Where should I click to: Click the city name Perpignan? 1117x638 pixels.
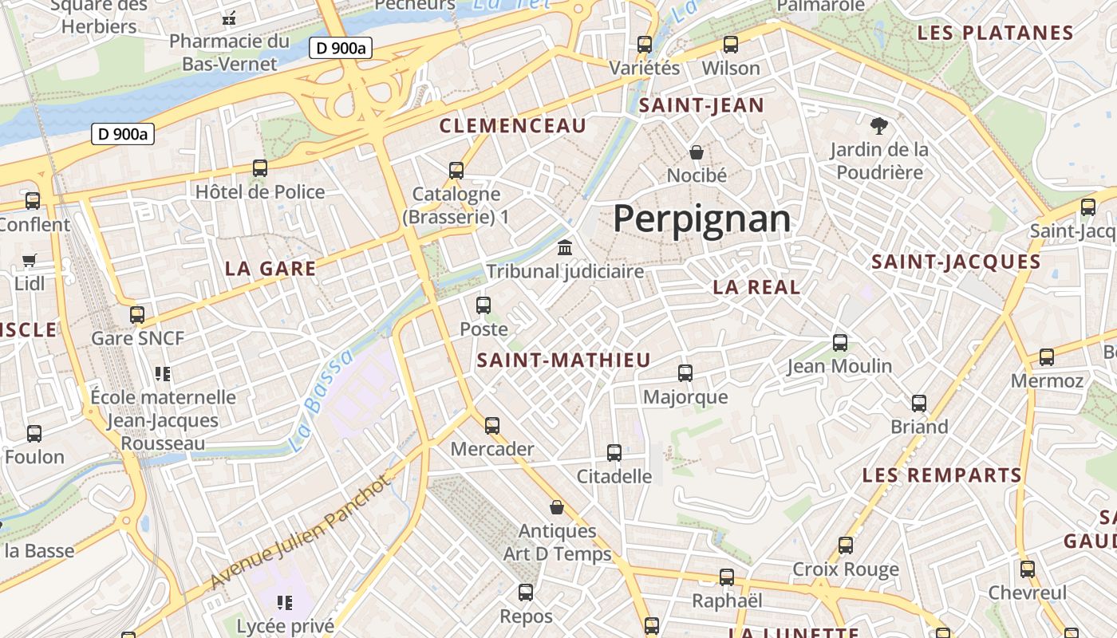tap(701, 219)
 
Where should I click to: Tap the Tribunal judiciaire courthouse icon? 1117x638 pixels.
tap(566, 247)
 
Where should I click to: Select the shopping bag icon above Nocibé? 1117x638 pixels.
tap(697, 152)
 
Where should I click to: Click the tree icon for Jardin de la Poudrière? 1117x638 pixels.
tap(878, 125)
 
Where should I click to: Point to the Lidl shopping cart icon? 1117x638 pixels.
tap(30, 260)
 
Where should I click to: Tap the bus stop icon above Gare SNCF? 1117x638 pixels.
tap(137, 314)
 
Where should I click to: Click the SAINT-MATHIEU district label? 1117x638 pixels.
tap(563, 360)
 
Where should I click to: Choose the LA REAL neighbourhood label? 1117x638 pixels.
tap(756, 288)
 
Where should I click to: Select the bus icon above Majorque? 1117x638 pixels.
tap(685, 372)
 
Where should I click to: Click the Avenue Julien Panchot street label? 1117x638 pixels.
tap(302, 532)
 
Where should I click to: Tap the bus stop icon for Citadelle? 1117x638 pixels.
tap(614, 453)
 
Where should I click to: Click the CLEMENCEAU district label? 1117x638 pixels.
tap(512, 126)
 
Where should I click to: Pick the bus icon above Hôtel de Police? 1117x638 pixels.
tap(260, 168)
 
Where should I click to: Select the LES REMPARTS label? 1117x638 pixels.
tap(941, 476)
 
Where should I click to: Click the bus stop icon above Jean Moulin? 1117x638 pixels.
tap(839, 343)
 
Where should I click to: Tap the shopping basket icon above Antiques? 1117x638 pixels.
tap(557, 507)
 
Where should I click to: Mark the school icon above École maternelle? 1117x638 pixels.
tap(163, 373)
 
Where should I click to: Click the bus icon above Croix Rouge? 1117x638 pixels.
tap(845, 546)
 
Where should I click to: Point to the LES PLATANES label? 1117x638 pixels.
tap(995, 33)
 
